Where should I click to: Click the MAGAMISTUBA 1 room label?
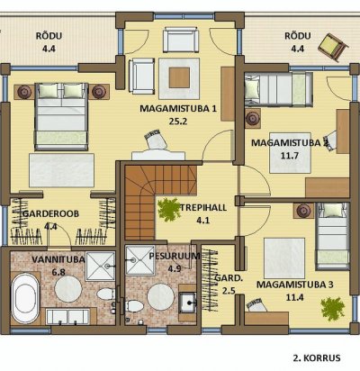coord(178,108)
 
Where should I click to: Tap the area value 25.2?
coord(178,122)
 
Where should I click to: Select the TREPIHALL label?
coord(203,207)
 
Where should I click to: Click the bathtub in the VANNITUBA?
coord(25,298)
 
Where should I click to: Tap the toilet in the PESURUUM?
coord(134,306)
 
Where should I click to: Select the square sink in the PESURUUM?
coord(187,303)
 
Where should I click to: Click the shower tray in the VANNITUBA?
coord(100,267)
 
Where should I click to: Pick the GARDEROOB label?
coord(50,213)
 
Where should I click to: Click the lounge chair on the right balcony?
coord(333,48)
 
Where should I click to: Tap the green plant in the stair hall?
coord(168,209)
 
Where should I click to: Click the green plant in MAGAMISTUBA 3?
coord(332,308)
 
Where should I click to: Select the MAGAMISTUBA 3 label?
coord(294,285)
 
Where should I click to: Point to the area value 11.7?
coord(290,156)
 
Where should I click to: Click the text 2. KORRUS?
coord(317,357)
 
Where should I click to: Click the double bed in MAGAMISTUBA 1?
coord(61,116)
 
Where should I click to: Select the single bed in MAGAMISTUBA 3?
coord(333,236)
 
